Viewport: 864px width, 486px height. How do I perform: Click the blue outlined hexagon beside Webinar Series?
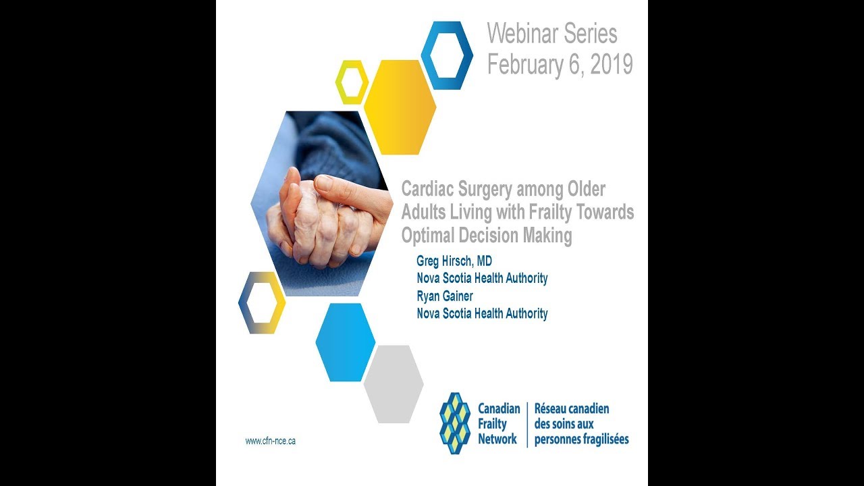coord(447,55)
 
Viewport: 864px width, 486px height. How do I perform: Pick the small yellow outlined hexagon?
coord(352,82)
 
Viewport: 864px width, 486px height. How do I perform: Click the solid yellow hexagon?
coord(400,107)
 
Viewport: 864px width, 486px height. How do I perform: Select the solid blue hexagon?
coord(345,342)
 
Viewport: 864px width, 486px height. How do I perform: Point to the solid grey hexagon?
coord(394,384)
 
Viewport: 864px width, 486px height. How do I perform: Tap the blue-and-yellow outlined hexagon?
coord(262,302)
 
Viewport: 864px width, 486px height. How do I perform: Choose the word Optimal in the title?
coord(429,236)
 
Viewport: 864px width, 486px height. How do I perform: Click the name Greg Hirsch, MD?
coord(454,261)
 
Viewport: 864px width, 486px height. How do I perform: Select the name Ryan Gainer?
coord(446,296)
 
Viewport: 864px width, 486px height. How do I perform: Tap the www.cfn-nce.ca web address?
coord(270,441)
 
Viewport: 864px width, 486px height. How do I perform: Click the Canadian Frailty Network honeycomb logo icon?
coord(454,423)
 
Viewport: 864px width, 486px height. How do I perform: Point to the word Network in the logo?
coord(497,439)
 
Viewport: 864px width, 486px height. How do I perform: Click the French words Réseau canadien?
coord(572,409)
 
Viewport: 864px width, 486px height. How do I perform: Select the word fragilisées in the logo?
coord(601,439)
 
